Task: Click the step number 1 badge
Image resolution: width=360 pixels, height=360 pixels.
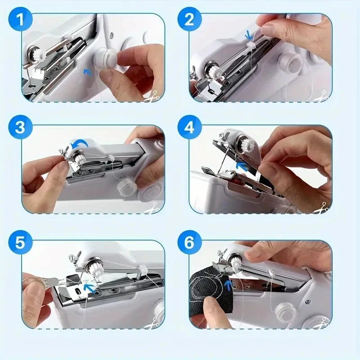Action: click(x=21, y=20)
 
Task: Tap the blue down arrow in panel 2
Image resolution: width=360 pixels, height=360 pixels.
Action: click(x=247, y=34)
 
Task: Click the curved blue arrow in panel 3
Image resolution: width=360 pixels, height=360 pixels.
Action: click(x=81, y=144)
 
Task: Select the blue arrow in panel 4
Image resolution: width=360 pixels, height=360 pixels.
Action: click(x=243, y=167)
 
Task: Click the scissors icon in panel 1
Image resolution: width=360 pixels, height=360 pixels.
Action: click(x=152, y=95)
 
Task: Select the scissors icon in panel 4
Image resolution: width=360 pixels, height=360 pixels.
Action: click(x=321, y=207)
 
